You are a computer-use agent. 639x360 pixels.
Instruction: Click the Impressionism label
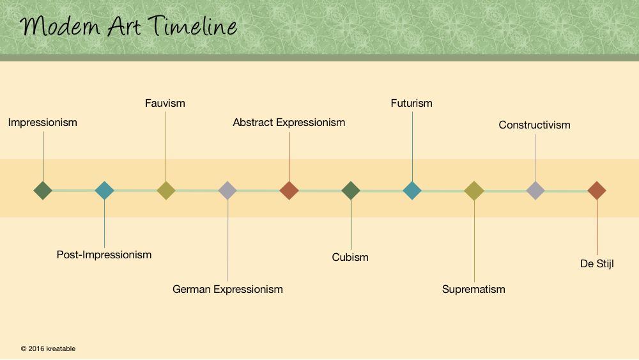pyautogui.click(x=42, y=122)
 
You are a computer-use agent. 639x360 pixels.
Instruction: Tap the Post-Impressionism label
pyautogui.click(x=104, y=254)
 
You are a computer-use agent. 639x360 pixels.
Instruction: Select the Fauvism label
pyautogui.click(x=165, y=103)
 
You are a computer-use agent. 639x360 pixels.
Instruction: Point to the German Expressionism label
pyautogui.click(x=227, y=290)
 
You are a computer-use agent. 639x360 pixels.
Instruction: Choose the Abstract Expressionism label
pyautogui.click(x=289, y=122)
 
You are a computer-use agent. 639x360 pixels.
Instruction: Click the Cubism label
pyautogui.click(x=350, y=257)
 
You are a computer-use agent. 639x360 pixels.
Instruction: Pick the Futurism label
pyautogui.click(x=412, y=103)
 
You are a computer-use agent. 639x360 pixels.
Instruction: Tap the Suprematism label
pyautogui.click(x=473, y=290)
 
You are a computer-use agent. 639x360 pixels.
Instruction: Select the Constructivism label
pyautogui.click(x=535, y=125)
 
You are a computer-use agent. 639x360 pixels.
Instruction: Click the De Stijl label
pyautogui.click(x=597, y=264)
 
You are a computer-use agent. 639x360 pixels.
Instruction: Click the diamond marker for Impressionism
pyautogui.click(x=43, y=191)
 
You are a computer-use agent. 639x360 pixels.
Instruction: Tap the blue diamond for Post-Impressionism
pyautogui.click(x=104, y=191)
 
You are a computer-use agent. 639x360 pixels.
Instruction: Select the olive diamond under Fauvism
pyautogui.click(x=166, y=191)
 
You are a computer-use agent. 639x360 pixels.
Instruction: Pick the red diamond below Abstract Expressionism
pyautogui.click(x=289, y=191)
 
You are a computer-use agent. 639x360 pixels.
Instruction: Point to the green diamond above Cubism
pyautogui.click(x=350, y=191)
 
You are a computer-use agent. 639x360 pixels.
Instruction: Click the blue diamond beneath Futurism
pyautogui.click(x=412, y=191)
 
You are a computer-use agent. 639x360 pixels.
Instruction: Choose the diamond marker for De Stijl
pyautogui.click(x=597, y=191)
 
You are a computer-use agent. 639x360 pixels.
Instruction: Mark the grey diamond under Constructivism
pyautogui.click(x=535, y=191)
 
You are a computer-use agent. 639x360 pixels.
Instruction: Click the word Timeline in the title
pyautogui.click(x=192, y=26)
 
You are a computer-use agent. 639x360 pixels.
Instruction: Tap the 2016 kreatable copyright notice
pyautogui.click(x=48, y=348)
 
